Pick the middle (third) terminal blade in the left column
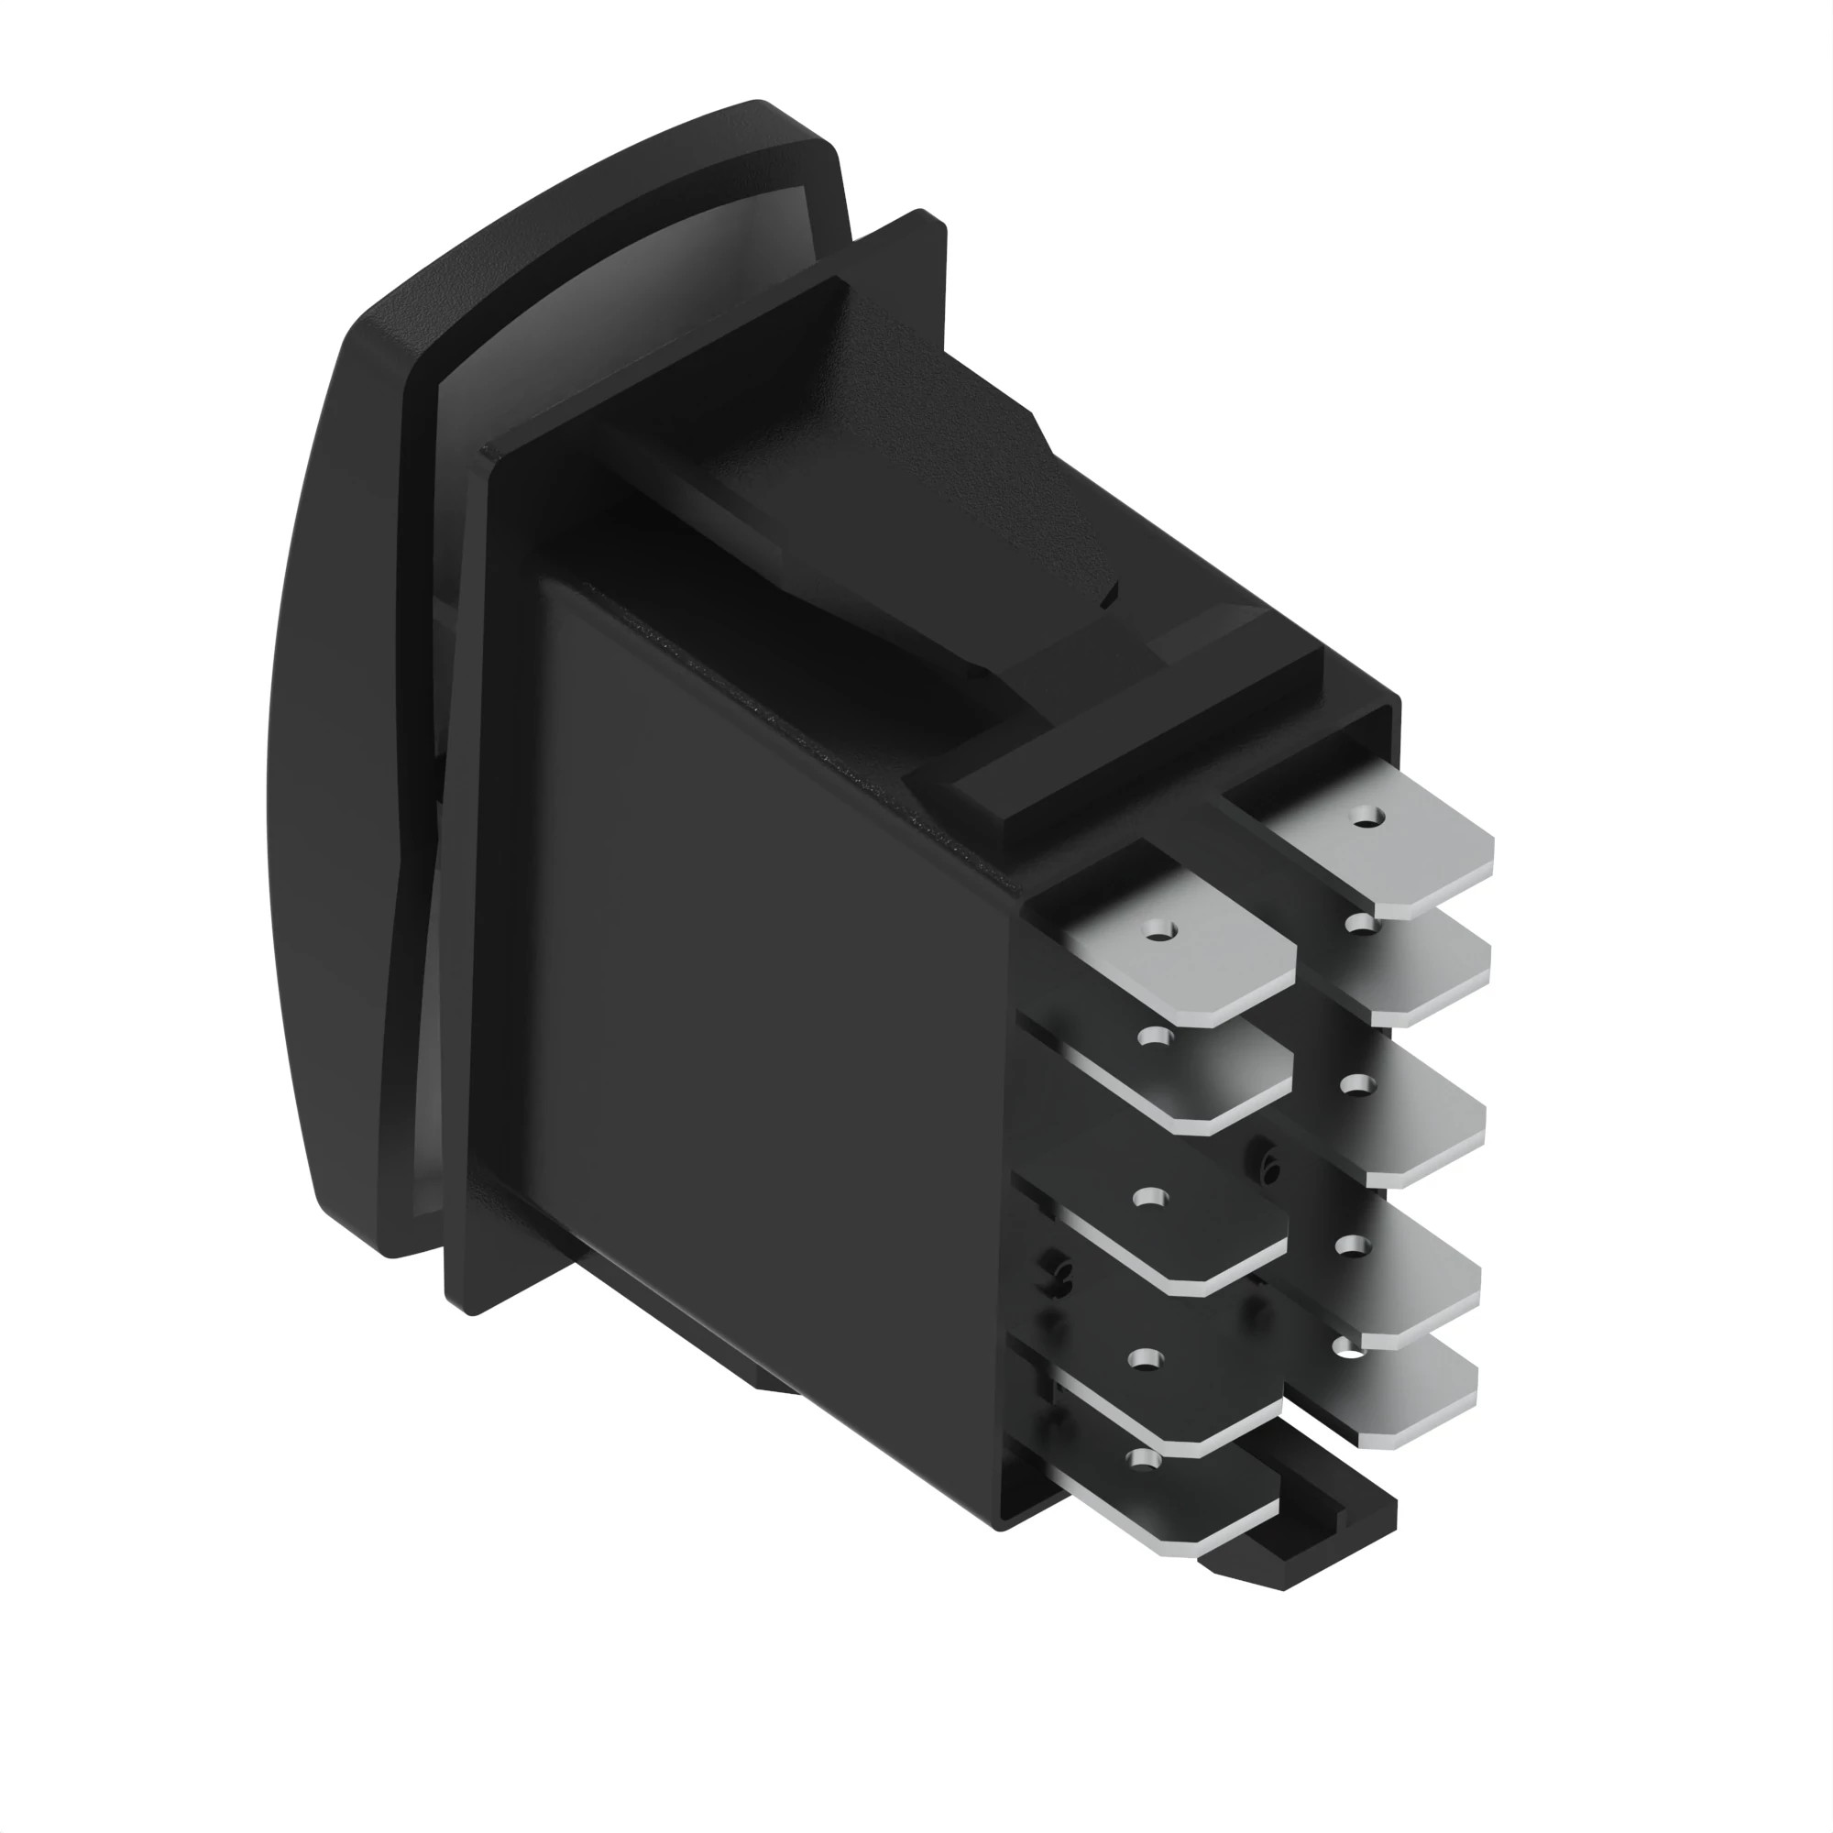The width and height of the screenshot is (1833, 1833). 1186,1234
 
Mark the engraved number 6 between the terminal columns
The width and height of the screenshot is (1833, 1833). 1269,1169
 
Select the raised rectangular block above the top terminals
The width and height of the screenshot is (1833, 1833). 1138,750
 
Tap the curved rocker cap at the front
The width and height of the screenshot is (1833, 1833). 342,759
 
